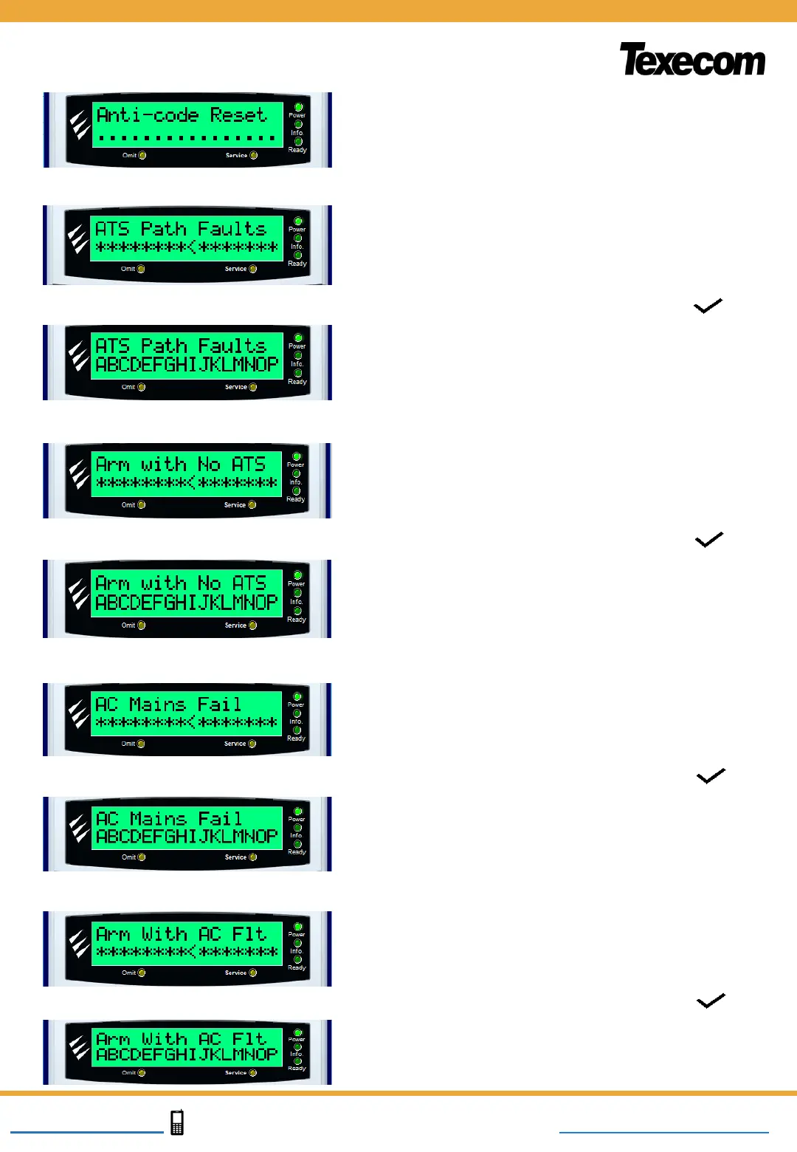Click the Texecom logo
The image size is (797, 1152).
click(692, 60)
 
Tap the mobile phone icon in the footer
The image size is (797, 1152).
click(177, 1122)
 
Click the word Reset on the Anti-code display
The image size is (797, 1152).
click(238, 115)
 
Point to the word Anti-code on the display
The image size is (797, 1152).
click(148, 115)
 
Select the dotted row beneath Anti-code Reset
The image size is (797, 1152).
click(187, 137)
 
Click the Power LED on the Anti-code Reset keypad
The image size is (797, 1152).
click(299, 107)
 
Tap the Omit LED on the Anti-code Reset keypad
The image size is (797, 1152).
click(142, 155)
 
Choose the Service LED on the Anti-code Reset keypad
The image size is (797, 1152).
click(254, 155)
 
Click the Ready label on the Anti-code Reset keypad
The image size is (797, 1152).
click(297, 150)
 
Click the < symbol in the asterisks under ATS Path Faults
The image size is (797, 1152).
click(192, 247)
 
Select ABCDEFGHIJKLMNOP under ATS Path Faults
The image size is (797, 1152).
click(187, 365)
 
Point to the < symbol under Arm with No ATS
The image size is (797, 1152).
click(192, 483)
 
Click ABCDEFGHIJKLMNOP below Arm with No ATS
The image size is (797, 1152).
click(187, 603)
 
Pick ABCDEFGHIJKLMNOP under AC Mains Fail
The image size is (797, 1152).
click(187, 837)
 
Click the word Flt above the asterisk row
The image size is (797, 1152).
click(249, 934)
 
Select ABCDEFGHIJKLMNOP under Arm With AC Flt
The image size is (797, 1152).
click(187, 1055)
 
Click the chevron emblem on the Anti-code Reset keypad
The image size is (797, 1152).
click(79, 125)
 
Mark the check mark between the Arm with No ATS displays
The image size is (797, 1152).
click(709, 540)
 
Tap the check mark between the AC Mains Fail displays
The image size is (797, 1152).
click(711, 775)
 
